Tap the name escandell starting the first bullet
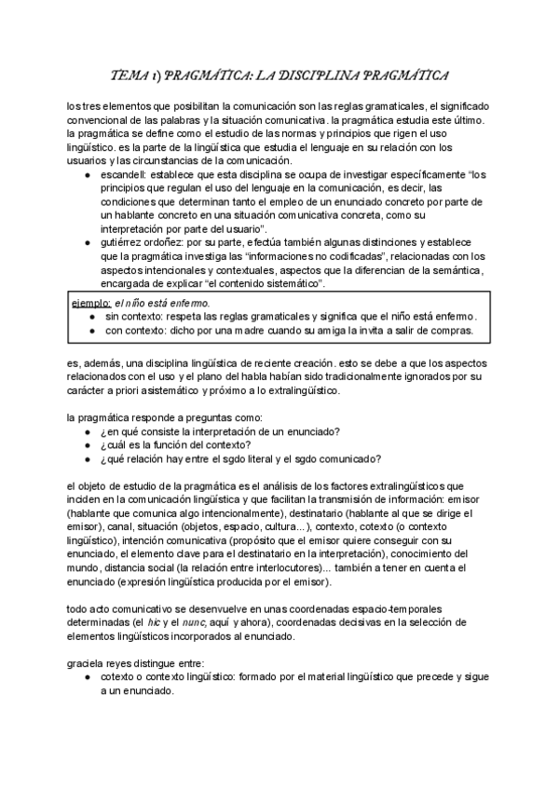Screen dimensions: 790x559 (x=123, y=174)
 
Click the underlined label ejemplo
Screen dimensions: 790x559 (x=91, y=303)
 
